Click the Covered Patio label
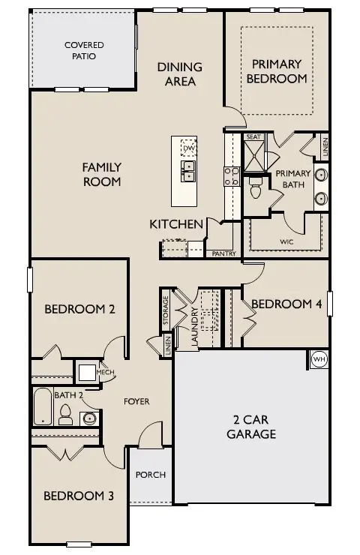(83, 50)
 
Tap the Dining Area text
(180, 73)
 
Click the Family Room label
(101, 174)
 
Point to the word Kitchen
(176, 224)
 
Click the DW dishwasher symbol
(189, 148)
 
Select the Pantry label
(224, 254)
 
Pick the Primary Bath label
(292, 179)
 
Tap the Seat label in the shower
(253, 137)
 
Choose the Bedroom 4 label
(286, 304)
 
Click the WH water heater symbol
(318, 359)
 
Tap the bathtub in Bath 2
(42, 408)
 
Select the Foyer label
(136, 402)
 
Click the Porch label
(150, 475)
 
